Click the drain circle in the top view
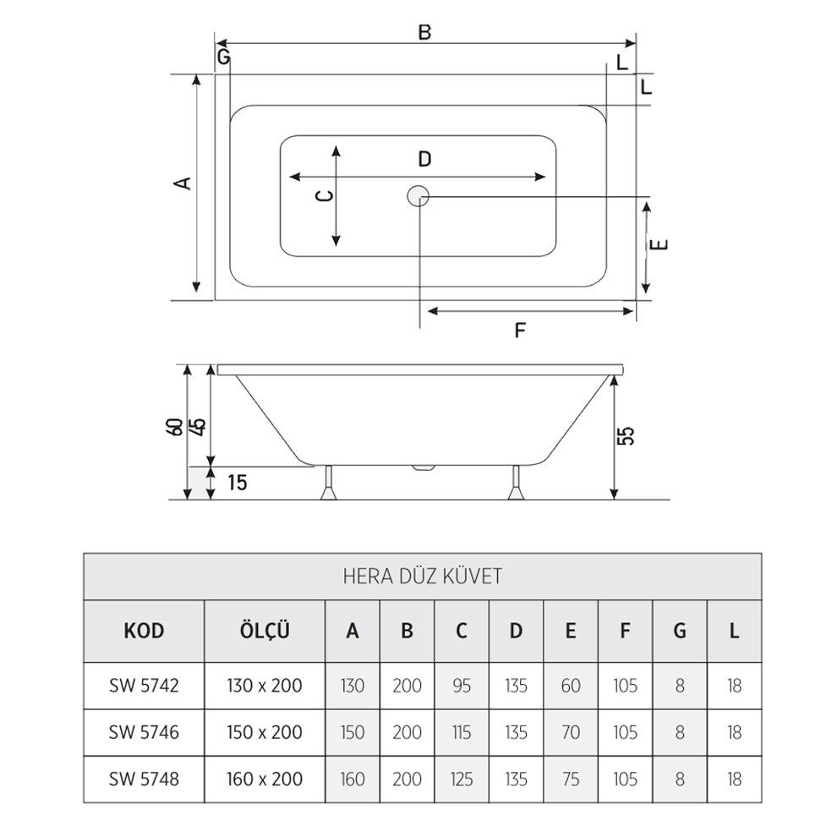[x=418, y=196]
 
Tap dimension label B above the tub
[x=424, y=32]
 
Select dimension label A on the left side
[x=180, y=183]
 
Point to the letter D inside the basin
[x=424, y=159]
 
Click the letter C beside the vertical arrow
[x=323, y=196]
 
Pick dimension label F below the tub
[x=521, y=330]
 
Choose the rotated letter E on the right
[x=662, y=244]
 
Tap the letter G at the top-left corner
[x=223, y=57]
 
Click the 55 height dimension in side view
[x=626, y=435]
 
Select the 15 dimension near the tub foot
[x=238, y=484]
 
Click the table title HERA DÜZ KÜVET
[x=423, y=577]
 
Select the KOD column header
[x=144, y=631]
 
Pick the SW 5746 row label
[x=144, y=731]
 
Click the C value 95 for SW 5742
[x=462, y=686]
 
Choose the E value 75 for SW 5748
[x=571, y=779]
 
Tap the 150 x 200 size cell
[x=265, y=731]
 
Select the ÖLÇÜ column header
[x=265, y=631]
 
